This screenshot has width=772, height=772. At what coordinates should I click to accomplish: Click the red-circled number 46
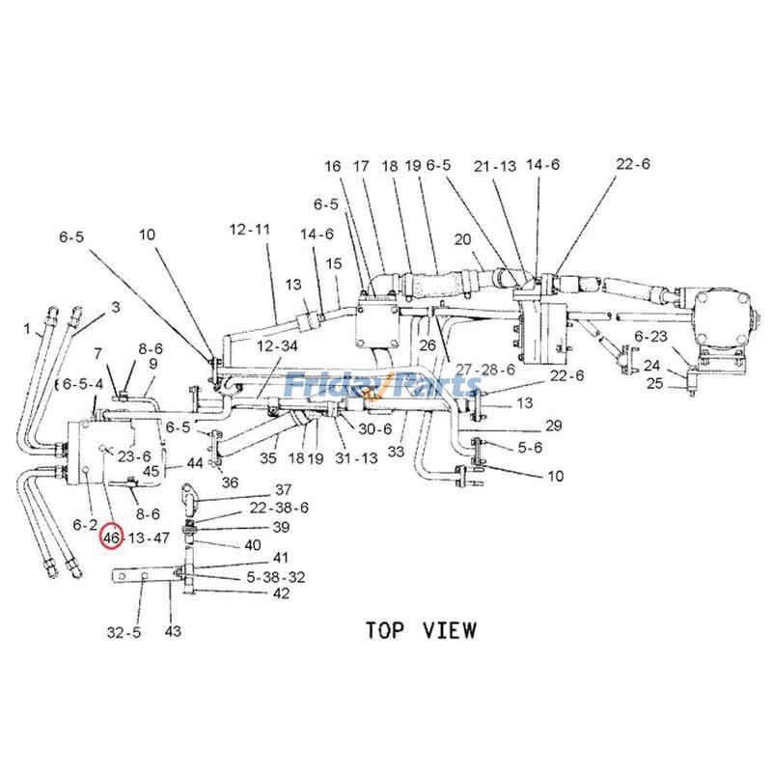pos(112,538)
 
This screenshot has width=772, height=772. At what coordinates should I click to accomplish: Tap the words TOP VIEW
pos(420,630)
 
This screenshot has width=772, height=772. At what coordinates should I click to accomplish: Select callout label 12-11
pos(250,230)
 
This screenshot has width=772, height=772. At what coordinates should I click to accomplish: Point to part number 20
pos(461,239)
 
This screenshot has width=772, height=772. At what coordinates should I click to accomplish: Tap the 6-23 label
pos(651,336)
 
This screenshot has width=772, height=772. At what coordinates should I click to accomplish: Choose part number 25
pos(653,384)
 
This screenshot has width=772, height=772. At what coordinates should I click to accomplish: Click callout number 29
pos(553,426)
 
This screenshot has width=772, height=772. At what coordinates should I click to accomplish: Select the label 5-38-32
pos(276,576)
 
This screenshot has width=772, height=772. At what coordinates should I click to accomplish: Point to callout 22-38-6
pos(279,508)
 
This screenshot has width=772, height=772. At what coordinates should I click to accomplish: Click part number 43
pos(173,632)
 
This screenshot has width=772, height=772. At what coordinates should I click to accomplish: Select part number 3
pos(115,308)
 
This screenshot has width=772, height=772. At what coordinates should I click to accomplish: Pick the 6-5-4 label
pos(84,384)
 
